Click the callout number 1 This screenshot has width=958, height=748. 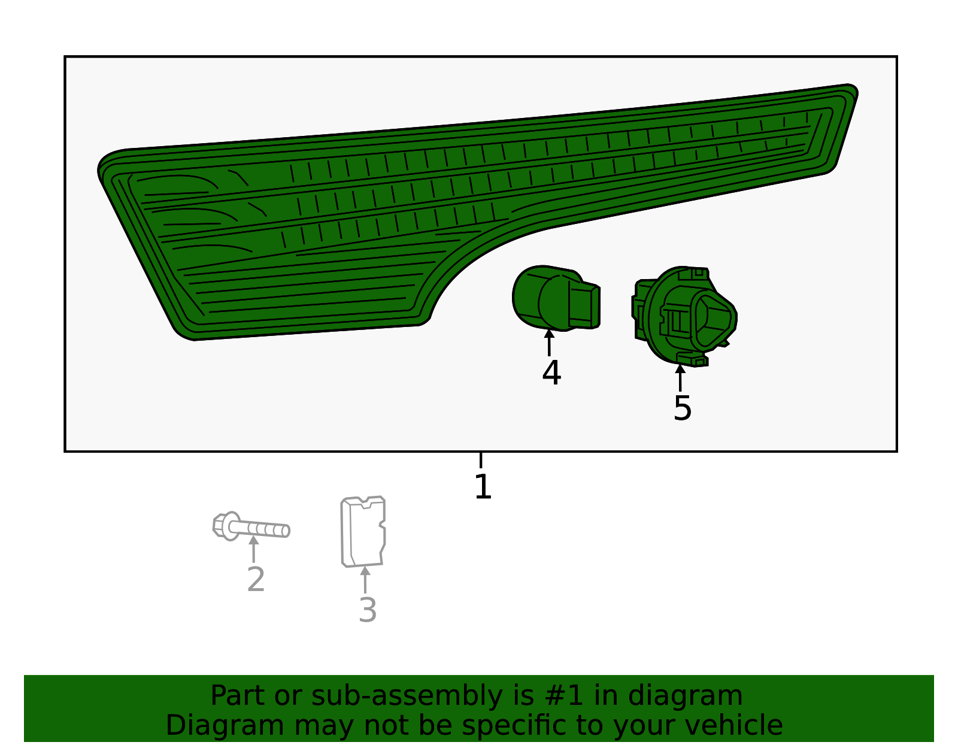click(483, 486)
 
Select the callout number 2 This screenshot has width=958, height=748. click(256, 579)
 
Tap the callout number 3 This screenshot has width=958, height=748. click(367, 610)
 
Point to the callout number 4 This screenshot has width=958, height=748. click(551, 372)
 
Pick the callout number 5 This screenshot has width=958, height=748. click(683, 408)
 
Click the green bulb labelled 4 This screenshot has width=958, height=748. click(556, 298)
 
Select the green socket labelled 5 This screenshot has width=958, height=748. click(684, 316)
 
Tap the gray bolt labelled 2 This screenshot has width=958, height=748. click(251, 526)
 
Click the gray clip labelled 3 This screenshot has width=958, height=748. click(363, 532)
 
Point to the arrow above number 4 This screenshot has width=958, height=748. click(549, 343)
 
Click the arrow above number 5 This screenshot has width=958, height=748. click(680, 378)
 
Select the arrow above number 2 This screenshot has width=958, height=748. click(253, 549)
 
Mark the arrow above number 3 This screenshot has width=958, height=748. click(365, 580)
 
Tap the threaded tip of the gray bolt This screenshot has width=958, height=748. click(285, 531)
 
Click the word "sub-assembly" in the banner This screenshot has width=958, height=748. click(407, 696)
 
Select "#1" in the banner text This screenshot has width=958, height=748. click(564, 695)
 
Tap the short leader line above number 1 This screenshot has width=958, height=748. click(481, 460)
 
